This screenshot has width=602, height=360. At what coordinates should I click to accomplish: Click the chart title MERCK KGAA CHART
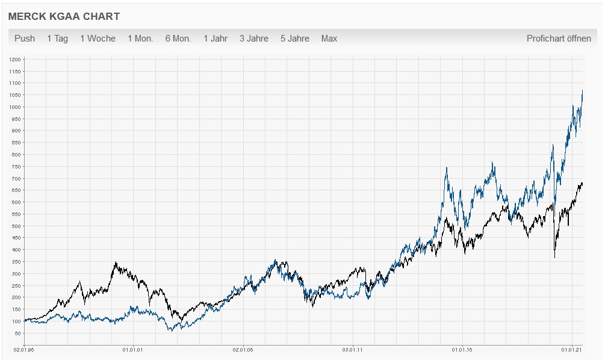click(64, 16)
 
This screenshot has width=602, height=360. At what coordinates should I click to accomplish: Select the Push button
click(25, 39)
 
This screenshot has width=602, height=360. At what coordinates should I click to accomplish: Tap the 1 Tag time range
click(58, 39)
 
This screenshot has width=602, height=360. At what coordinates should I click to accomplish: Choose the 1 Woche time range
click(98, 39)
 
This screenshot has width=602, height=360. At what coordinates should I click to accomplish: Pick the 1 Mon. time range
click(140, 39)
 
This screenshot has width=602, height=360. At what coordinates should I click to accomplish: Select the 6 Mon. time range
click(178, 39)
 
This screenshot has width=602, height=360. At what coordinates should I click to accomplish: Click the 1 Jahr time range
click(216, 39)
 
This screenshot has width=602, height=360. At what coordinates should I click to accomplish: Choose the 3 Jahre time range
click(254, 39)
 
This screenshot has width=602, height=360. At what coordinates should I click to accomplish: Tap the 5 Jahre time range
click(295, 39)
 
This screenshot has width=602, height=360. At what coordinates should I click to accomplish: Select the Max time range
click(329, 39)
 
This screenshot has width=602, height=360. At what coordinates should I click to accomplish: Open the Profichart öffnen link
click(559, 39)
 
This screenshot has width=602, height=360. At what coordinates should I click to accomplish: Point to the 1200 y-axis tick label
click(15, 60)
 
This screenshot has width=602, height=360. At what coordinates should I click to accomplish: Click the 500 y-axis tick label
click(16, 226)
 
